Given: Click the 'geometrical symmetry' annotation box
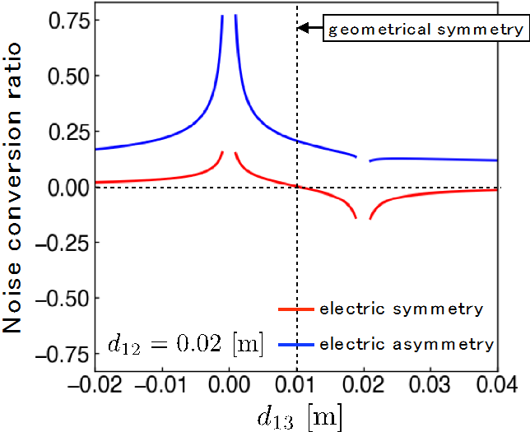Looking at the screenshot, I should coord(425,30).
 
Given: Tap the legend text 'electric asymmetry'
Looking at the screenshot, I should coord(407,343).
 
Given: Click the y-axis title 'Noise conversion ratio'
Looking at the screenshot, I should coord(16,189).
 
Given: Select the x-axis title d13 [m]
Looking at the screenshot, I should coord(298,416).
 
